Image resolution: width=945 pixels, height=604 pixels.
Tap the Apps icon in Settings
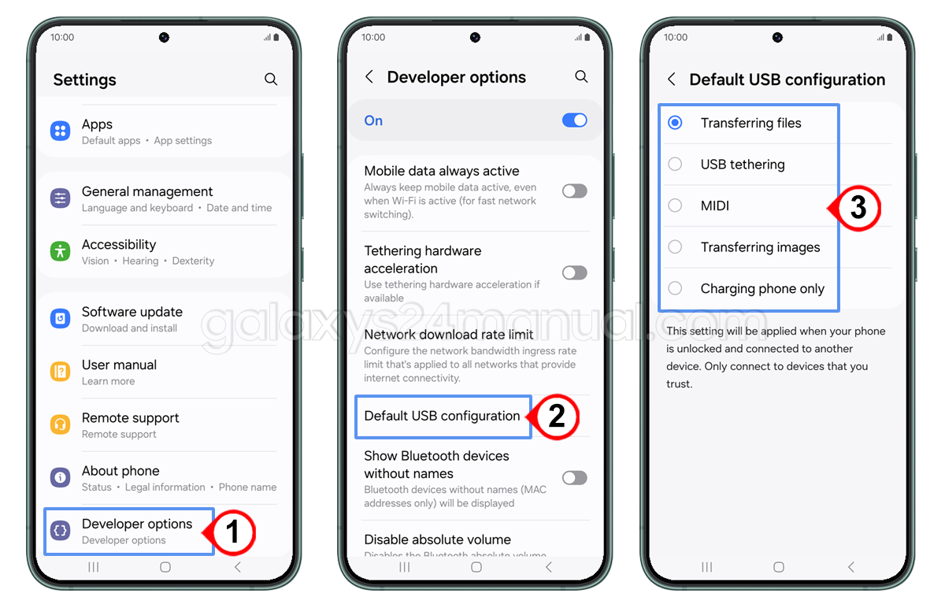(61, 132)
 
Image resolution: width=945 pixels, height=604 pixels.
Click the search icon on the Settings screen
(271, 80)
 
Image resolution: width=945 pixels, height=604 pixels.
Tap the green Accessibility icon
(61, 251)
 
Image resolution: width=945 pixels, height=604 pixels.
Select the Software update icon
(61, 319)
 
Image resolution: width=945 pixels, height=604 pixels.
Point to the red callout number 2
(556, 416)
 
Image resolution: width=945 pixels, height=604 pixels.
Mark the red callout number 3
(858, 208)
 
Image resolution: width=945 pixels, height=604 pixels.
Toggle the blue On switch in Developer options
(575, 120)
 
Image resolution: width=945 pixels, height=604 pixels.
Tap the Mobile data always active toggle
(575, 191)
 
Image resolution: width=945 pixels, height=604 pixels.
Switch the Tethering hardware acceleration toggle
(575, 272)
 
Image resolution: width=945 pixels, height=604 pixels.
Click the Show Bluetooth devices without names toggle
(575, 478)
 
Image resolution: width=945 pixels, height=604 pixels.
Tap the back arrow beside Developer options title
(369, 77)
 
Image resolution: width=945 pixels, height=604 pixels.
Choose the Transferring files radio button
(675, 123)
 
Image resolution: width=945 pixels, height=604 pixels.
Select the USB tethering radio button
(675, 165)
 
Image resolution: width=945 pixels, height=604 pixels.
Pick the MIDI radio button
(675, 206)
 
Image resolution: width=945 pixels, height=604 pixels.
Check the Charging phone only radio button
(675, 288)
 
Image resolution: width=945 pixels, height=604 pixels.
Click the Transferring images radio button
(675, 247)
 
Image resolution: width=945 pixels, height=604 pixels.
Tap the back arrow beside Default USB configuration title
(672, 80)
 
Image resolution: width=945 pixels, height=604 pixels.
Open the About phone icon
(61, 478)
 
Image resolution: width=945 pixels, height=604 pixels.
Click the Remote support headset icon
(61, 425)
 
